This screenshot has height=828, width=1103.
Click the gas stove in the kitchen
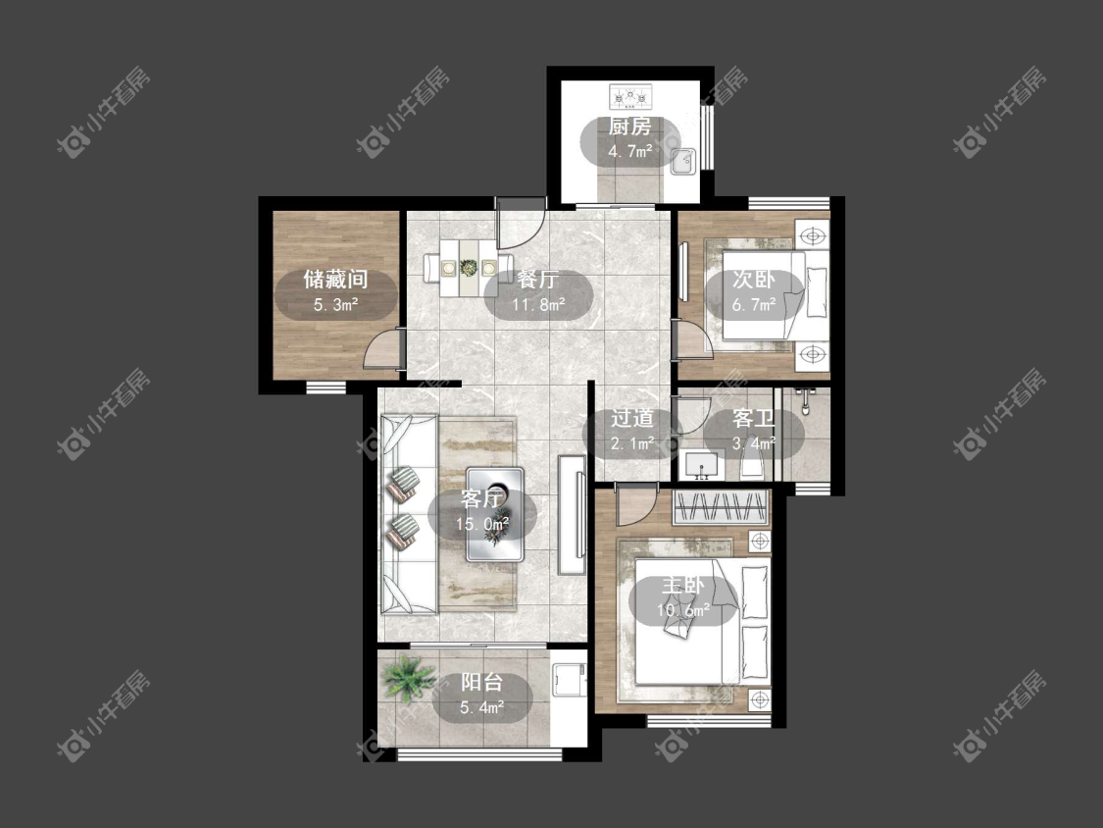(631, 96)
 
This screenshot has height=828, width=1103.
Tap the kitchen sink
(682, 161)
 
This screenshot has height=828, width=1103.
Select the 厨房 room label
(629, 127)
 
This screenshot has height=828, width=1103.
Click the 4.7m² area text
(629, 151)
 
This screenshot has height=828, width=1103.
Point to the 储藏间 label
(335, 280)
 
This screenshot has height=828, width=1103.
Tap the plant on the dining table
(468, 268)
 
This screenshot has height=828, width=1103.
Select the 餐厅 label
(538, 280)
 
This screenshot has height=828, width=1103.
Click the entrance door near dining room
(520, 224)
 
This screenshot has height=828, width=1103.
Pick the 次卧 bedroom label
(753, 280)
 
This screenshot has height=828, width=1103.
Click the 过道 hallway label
(631, 418)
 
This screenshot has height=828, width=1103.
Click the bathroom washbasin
(701, 466)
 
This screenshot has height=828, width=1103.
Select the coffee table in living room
(494, 515)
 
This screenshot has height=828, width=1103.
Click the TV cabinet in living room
(572, 515)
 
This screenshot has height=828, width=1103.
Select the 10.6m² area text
(682, 610)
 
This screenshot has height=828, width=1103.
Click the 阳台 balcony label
(481, 682)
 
